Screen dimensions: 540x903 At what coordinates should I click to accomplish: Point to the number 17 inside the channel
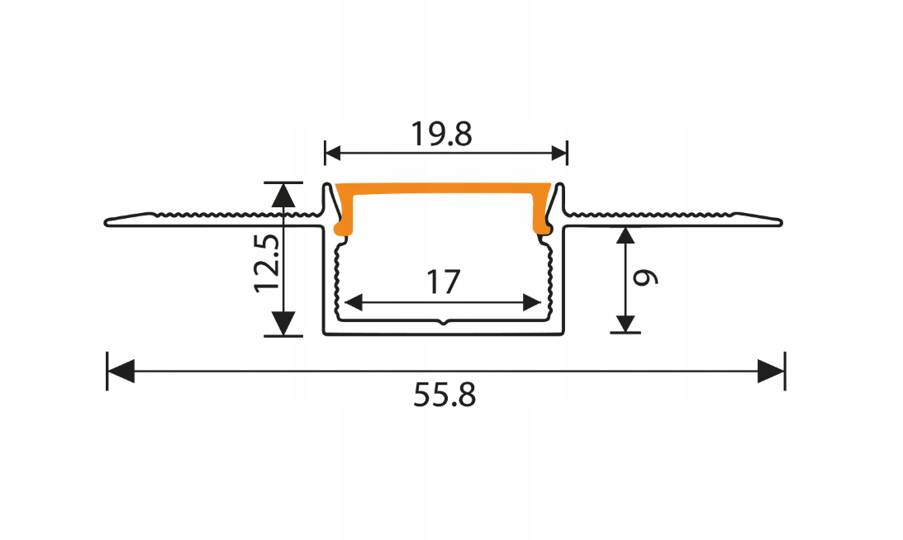click(x=443, y=282)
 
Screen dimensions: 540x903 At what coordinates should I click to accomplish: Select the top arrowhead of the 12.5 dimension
click(x=283, y=195)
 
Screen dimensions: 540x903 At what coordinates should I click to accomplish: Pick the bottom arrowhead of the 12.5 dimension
click(x=283, y=323)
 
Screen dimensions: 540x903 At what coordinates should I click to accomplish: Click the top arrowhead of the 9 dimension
click(x=625, y=237)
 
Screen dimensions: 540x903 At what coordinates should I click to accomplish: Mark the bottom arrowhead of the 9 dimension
click(x=625, y=321)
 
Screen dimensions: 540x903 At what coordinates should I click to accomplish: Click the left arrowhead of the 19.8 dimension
click(x=333, y=152)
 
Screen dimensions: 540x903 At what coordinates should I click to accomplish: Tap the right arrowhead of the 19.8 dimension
click(x=559, y=152)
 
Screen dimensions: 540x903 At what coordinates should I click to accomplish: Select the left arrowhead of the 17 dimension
click(x=351, y=302)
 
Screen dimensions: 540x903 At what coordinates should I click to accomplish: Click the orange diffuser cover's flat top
click(x=444, y=190)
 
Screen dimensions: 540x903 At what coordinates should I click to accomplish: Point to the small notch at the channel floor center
click(x=444, y=322)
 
